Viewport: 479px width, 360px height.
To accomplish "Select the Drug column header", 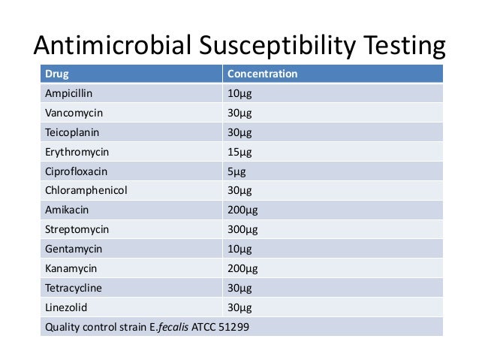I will coord(56,74).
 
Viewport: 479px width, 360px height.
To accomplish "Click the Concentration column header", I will coord(262,74).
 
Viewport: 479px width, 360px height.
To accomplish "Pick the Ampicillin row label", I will coord(69,94).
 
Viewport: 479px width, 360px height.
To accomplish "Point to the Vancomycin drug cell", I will coord(74,113).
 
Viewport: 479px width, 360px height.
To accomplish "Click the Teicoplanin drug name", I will coord(72,132).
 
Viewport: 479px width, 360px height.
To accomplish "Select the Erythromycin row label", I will coord(76,152).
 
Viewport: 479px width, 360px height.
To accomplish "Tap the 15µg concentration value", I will coord(239,152).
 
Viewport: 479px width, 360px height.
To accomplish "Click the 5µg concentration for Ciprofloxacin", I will coord(236,171).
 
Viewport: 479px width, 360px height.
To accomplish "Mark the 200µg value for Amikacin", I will coord(243,210).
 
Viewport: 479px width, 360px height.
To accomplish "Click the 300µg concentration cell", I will coord(243,228).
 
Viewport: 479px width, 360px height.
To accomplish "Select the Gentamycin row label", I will coord(74,248).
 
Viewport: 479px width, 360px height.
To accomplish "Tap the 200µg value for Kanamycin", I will coord(243,268).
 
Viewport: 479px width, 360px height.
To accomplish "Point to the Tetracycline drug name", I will coord(74,286).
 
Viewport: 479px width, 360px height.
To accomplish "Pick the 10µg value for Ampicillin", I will coord(239,94).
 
